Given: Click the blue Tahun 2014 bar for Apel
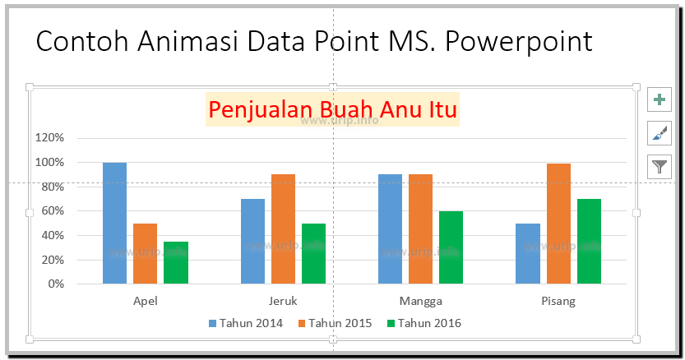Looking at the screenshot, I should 114,223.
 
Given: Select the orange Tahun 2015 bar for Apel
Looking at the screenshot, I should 145,253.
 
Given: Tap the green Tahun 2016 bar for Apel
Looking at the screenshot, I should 175,262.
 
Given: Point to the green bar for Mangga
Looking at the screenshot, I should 451,247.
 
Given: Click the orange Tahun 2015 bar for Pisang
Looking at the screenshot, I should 558,224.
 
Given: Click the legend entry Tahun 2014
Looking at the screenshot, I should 246,323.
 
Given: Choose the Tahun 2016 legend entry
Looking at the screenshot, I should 423,323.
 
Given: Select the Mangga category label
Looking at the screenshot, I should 420,301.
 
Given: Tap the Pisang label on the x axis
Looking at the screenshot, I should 558,301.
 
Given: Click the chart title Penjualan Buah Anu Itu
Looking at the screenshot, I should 332,108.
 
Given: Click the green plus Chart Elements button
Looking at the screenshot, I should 660,100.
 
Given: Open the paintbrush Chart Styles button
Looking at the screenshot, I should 660,133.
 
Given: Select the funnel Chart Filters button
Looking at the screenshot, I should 660,166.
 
